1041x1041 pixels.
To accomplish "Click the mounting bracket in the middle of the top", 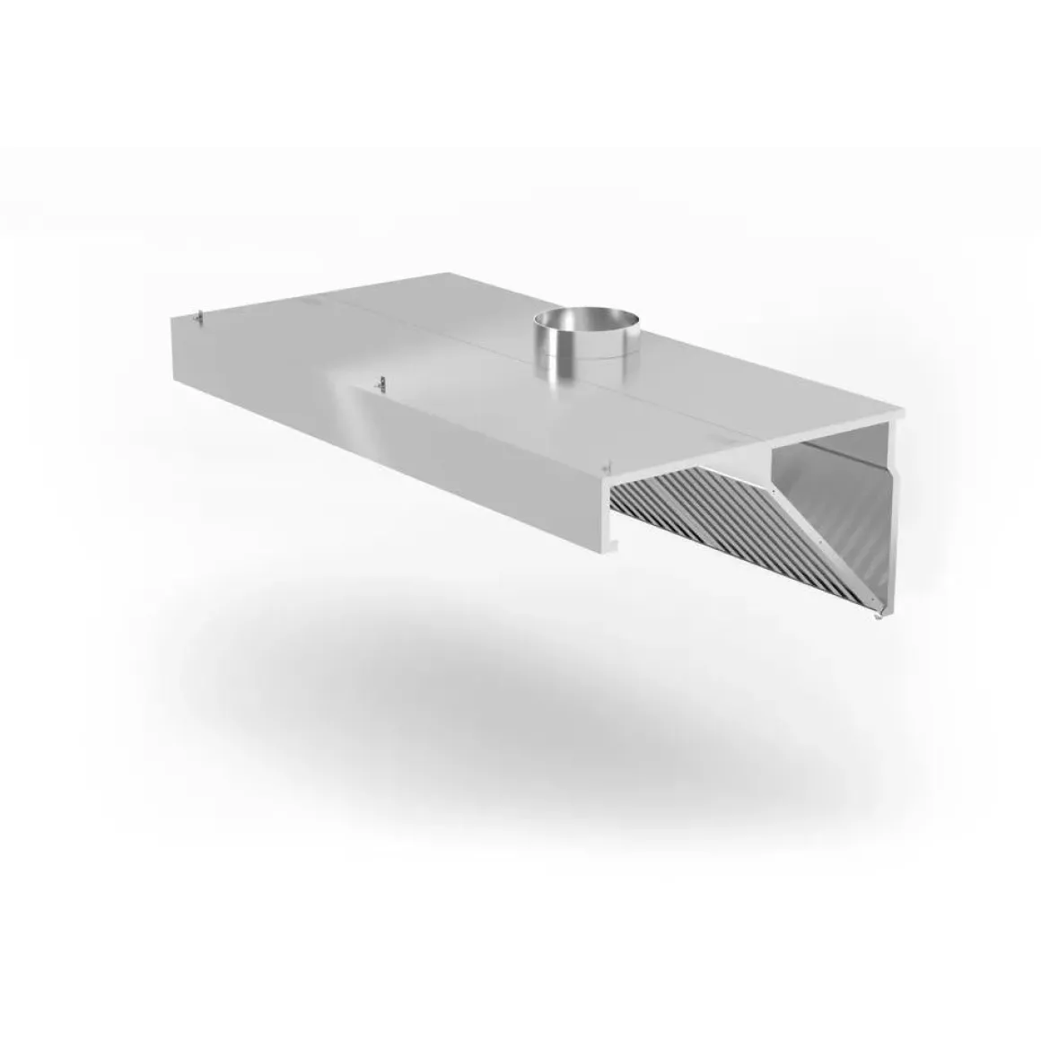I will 381,382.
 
